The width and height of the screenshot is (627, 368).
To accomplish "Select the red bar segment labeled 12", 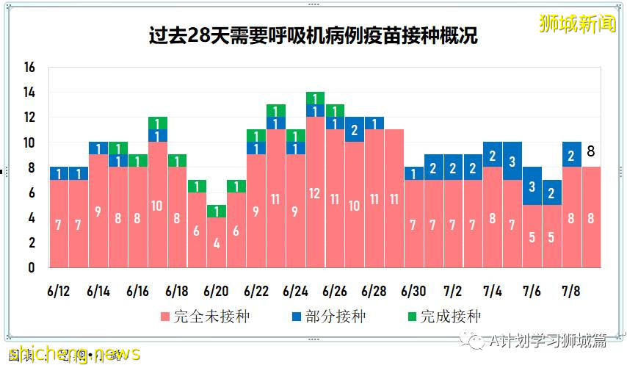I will coord(315,192).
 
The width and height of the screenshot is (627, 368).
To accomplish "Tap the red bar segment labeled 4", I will coord(216,242).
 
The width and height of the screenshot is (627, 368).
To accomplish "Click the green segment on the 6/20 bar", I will coord(216,211).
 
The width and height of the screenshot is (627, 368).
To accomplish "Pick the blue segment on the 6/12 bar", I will coord(59,173).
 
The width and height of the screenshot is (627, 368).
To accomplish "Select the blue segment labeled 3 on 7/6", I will coord(532,186).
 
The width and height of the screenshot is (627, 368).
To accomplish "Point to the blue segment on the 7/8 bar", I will coord(571,154).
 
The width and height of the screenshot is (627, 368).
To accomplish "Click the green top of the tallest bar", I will coord(315,98).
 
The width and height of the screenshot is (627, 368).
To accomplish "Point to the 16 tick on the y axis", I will coord(29,68).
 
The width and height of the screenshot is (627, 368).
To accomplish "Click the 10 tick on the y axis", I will coord(29,142).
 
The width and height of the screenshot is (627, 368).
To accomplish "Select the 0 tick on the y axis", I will coord(31,267).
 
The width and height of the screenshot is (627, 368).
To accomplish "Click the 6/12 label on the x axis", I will coord(59,291).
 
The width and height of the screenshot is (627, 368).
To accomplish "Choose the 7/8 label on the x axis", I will coord(572,291).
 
